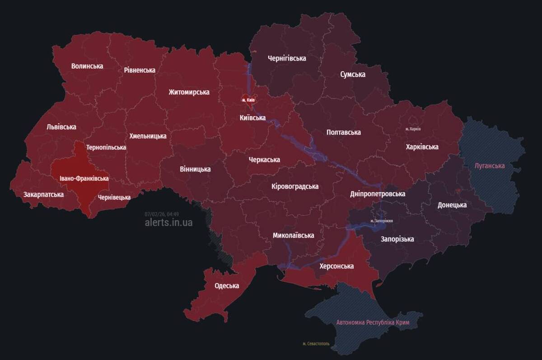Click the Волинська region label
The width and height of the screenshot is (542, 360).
click(87, 66)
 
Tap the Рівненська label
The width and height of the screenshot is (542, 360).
click(140, 70)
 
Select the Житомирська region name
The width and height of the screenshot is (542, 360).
click(189, 92)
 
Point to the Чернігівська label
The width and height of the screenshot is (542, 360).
click(286, 58)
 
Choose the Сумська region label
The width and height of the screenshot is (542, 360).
click(352, 74)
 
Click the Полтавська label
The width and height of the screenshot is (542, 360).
click(343, 132)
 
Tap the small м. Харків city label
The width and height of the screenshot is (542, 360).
click(413, 129)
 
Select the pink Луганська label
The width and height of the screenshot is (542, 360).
click(490, 166)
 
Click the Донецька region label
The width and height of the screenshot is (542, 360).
click(452, 205)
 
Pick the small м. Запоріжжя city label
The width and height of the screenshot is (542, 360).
click(381, 221)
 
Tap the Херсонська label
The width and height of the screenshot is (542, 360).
click(336, 266)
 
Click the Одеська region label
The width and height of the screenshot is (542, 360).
click(227, 285)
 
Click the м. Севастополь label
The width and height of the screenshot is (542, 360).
click(316, 344)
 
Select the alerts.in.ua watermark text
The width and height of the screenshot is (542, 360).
click(168, 223)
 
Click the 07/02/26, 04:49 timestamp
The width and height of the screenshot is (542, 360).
click(162, 214)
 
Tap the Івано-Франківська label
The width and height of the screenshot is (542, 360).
click(84, 178)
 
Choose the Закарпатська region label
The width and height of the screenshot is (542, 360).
click(43, 195)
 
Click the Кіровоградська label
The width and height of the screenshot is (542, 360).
click(295, 186)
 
